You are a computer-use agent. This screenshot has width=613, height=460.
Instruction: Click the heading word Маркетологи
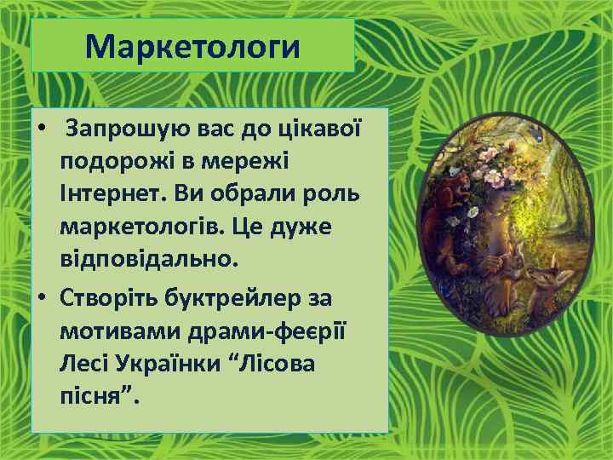tap(192, 47)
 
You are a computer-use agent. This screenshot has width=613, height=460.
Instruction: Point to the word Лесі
tap(82, 364)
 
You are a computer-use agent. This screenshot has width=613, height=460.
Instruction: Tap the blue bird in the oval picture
tap(536, 133)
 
